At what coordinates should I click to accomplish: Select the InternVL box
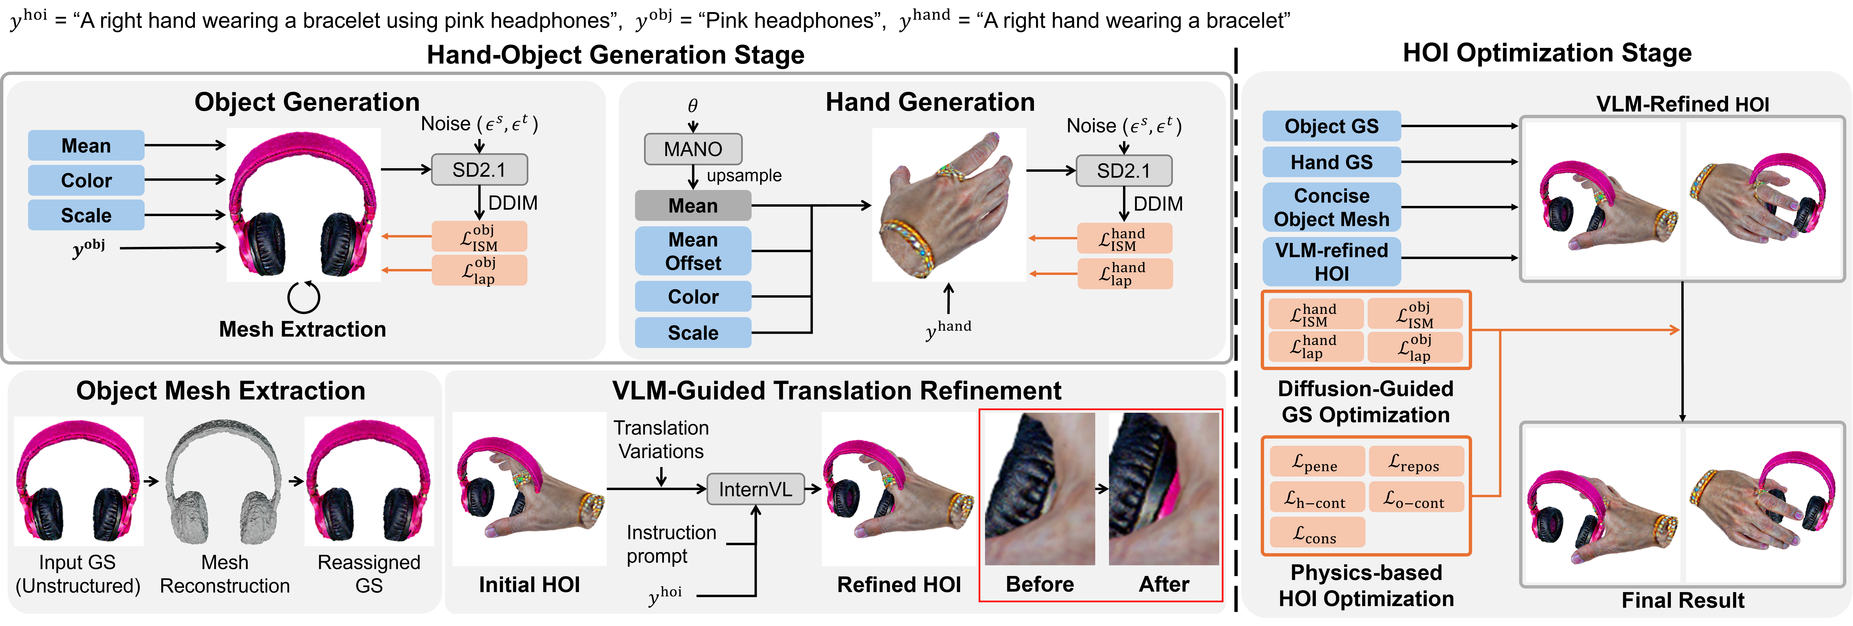tap(755, 489)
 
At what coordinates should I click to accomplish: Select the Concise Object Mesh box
tap(1332, 207)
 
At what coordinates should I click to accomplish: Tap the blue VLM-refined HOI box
tap(1332, 262)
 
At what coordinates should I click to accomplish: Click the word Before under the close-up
tap(1039, 584)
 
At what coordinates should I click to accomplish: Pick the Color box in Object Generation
tap(86, 180)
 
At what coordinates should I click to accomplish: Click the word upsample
tap(744, 175)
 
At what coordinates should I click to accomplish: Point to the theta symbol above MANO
tap(693, 106)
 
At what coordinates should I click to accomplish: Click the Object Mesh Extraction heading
tap(221, 391)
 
